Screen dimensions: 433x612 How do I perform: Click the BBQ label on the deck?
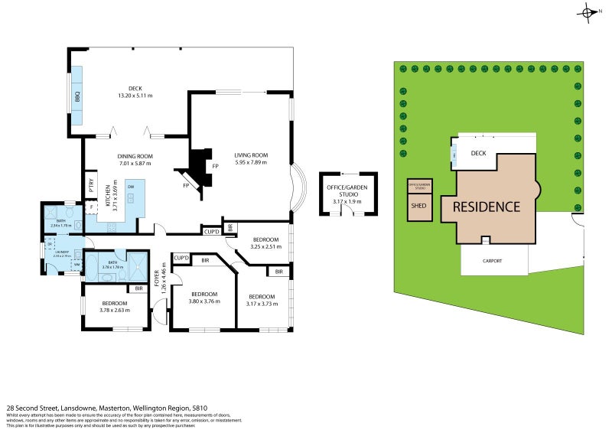[x=77, y=97]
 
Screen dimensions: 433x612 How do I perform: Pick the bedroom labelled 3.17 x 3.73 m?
[x=261, y=300]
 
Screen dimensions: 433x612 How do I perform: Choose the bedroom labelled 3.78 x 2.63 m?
[x=116, y=306]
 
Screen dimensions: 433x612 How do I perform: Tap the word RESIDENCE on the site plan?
[x=486, y=207]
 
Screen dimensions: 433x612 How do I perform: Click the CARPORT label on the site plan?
[x=493, y=261]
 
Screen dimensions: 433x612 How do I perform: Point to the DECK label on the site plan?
[x=479, y=153]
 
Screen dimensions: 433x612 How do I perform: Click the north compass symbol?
[x=588, y=12]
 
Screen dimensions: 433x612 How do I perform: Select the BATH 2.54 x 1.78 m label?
[x=60, y=223]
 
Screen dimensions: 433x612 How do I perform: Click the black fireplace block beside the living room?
[x=200, y=163]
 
